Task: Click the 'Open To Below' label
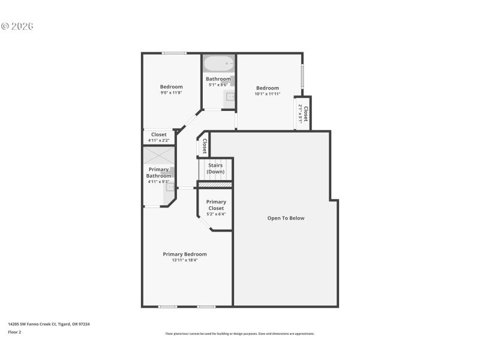coord(286,218)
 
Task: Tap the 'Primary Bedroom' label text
coord(185,254)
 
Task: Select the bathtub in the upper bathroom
coord(218,63)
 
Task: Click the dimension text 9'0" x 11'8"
coord(171,92)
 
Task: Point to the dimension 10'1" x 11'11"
coord(268,94)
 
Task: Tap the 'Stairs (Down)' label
coord(215,168)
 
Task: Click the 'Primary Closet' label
coord(216,205)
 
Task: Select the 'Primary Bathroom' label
coord(158,172)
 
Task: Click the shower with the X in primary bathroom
coord(158,156)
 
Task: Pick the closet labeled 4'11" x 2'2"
coord(159,137)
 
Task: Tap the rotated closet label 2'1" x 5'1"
coord(302,113)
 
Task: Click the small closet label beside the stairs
coord(204,146)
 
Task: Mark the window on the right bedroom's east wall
coord(302,77)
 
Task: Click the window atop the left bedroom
coord(174,53)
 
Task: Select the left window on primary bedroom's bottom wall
coord(167,307)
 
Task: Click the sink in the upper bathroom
coord(229,97)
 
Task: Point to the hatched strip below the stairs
coord(215,184)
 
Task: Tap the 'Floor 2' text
coord(14,332)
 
